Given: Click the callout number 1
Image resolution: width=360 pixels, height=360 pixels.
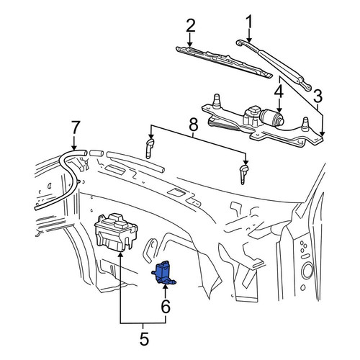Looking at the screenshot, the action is pyautogui.click(x=249, y=22).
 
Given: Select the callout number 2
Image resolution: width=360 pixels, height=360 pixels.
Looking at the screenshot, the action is pyautogui.click(x=191, y=26).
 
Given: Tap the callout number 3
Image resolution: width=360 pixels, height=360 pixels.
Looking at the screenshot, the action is pyautogui.click(x=318, y=96).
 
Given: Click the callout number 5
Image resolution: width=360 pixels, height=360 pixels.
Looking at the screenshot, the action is pyautogui.click(x=144, y=338).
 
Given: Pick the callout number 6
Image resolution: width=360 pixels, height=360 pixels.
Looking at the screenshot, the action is pyautogui.click(x=166, y=306).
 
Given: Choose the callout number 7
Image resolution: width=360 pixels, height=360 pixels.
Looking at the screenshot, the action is pyautogui.click(x=75, y=127).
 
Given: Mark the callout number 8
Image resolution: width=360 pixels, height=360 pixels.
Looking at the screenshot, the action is pyautogui.click(x=194, y=125).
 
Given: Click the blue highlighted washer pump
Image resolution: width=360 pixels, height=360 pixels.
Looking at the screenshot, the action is pyautogui.click(x=164, y=274).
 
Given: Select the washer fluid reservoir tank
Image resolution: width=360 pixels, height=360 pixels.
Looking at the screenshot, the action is pyautogui.click(x=116, y=233).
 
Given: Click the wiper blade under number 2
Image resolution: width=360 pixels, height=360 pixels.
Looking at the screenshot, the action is pyautogui.click(x=224, y=63).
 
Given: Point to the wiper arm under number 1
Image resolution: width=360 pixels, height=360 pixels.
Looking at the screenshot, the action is pyautogui.click(x=274, y=65).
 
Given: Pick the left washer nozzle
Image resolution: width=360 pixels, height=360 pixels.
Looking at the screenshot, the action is pyautogui.click(x=150, y=148).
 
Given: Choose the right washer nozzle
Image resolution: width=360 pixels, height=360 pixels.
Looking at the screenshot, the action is pyautogui.click(x=244, y=174).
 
